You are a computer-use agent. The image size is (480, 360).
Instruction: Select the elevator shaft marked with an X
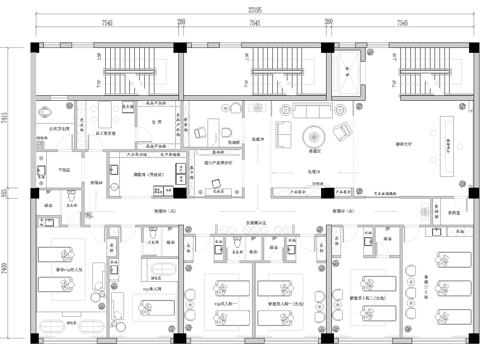pos(353,75)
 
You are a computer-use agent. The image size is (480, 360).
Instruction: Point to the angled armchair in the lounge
pos(343,132)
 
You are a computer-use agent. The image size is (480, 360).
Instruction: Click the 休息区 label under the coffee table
pos(312,152)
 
